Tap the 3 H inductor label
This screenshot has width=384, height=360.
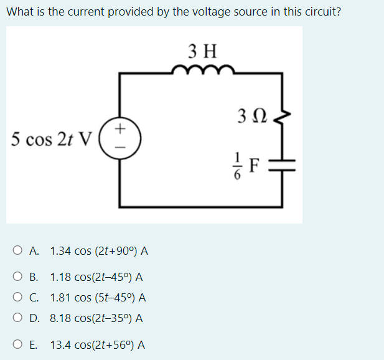202,49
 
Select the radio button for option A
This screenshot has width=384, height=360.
17,251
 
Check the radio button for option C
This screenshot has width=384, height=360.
17,297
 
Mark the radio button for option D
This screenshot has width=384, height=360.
17,318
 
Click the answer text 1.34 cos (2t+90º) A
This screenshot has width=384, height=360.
99,251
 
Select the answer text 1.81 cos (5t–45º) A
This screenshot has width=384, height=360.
98,297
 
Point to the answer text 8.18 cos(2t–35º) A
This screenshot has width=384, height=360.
97,318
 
